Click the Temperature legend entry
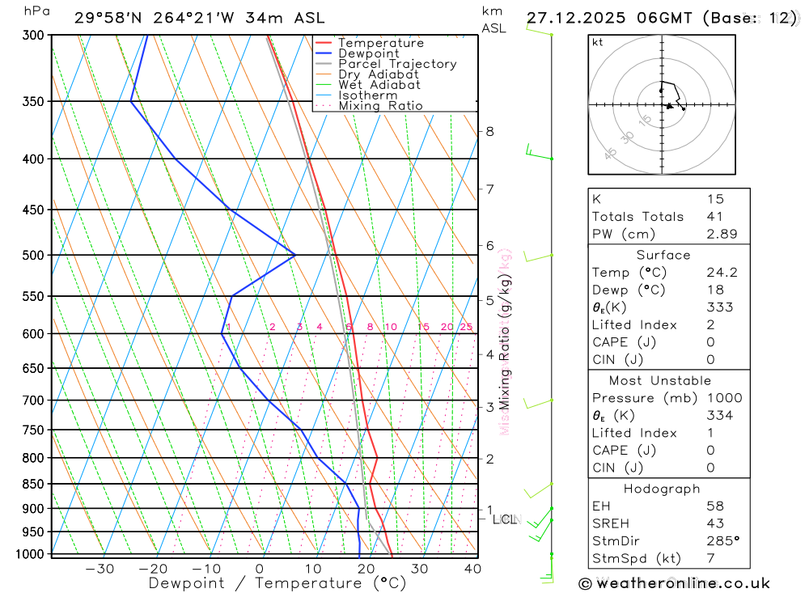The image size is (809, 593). point(380,43)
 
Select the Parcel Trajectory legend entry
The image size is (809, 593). point(397,64)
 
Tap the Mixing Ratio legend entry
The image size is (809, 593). point(380,106)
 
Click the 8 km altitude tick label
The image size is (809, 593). point(489,132)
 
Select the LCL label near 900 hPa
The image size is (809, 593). point(506,519)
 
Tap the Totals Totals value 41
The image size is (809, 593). point(715,216)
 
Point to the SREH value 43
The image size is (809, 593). point(715,523)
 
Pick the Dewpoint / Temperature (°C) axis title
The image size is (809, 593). point(277,583)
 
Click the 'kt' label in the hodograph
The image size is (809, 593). point(598,43)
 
